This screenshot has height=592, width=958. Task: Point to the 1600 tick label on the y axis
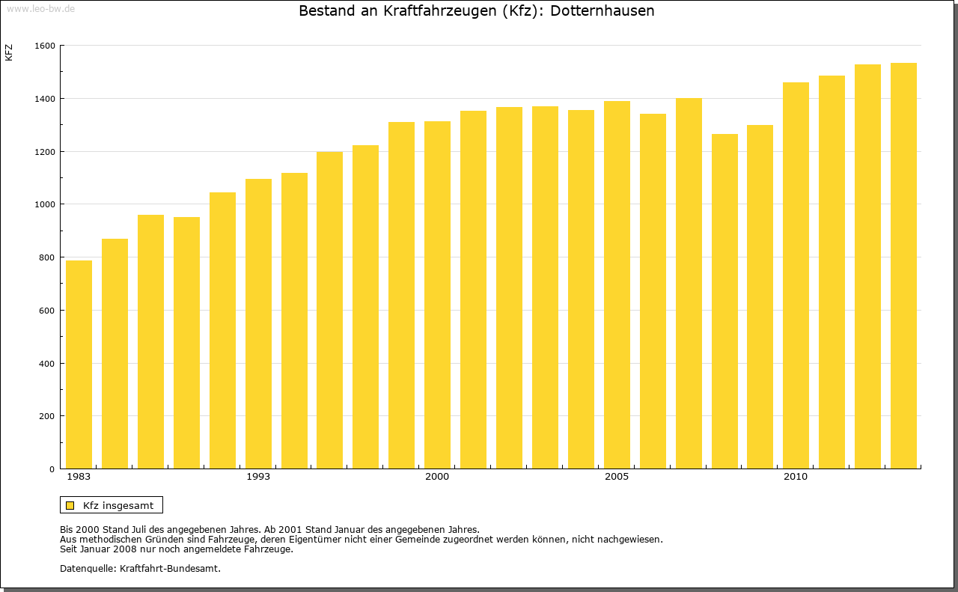[45, 46]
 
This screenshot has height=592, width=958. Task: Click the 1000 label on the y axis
[45, 204]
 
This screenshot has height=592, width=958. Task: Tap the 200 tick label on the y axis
[48, 416]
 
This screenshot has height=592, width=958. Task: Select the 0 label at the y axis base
[52, 469]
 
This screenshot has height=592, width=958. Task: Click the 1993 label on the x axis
[258, 477]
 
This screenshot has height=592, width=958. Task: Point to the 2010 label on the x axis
[796, 477]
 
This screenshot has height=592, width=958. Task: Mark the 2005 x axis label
[617, 477]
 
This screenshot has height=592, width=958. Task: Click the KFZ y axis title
[9, 53]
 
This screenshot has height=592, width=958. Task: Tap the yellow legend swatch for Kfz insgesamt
[70, 505]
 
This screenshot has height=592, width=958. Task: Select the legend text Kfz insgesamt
[118, 505]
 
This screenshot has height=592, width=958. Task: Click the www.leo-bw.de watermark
[40, 7]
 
